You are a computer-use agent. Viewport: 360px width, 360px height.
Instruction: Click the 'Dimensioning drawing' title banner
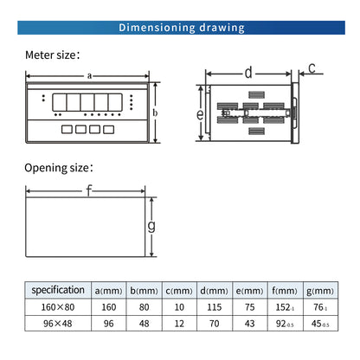point(180,28)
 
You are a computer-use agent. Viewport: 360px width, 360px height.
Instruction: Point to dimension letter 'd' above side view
point(248,73)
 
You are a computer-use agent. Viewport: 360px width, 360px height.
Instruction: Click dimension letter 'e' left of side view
point(199,113)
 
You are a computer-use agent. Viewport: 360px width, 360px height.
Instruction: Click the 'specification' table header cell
point(58,291)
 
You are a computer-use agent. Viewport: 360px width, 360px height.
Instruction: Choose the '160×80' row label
point(58,306)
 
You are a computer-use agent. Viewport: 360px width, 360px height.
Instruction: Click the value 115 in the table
point(214,306)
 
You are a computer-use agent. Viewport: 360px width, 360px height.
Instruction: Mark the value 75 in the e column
point(248,306)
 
